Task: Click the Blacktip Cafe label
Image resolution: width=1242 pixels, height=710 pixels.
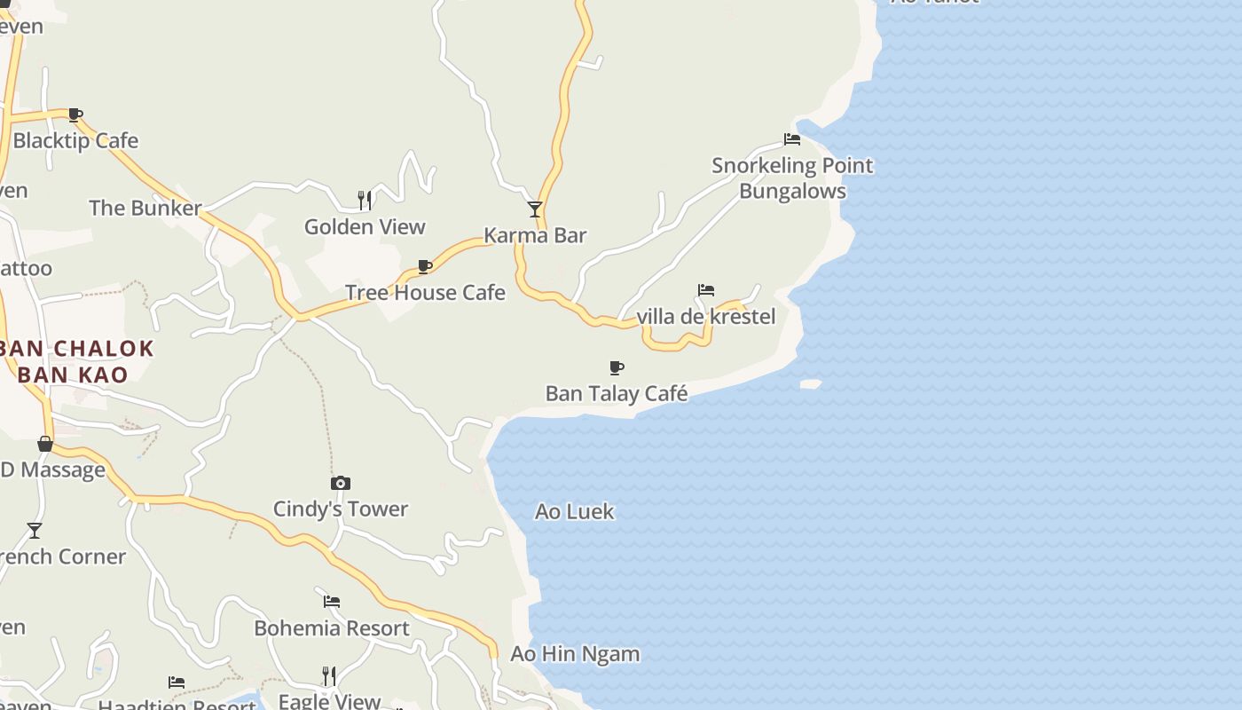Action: [75, 140]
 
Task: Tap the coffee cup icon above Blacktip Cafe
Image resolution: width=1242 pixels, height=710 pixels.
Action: [75, 114]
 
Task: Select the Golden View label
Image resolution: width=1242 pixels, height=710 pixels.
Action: [365, 227]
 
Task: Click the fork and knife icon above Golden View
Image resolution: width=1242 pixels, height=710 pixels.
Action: [365, 201]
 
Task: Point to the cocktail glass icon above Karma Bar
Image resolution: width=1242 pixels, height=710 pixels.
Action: [535, 209]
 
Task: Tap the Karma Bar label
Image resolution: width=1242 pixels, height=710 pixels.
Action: [535, 235]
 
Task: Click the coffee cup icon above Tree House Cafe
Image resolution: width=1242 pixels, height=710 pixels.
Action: [425, 266]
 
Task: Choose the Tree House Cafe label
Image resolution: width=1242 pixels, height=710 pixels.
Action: [425, 293]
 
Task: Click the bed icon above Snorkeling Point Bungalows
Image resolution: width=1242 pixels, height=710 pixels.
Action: [792, 139]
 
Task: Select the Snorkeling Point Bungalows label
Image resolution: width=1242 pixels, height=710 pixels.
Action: [792, 178]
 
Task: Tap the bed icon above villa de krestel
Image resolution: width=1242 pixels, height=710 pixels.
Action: [706, 290]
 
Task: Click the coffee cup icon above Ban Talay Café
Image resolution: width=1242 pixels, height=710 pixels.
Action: [617, 367]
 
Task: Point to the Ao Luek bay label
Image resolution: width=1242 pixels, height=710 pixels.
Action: [575, 512]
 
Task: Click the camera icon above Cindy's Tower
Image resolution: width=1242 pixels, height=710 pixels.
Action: [341, 484]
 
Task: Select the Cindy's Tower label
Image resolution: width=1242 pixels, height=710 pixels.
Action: [341, 509]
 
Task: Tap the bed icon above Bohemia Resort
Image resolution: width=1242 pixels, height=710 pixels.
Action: [332, 602]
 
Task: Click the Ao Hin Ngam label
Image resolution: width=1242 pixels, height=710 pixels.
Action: [575, 654]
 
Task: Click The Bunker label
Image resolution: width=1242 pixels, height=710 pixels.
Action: [145, 209]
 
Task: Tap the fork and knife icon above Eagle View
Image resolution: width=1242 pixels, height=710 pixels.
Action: [329, 676]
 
